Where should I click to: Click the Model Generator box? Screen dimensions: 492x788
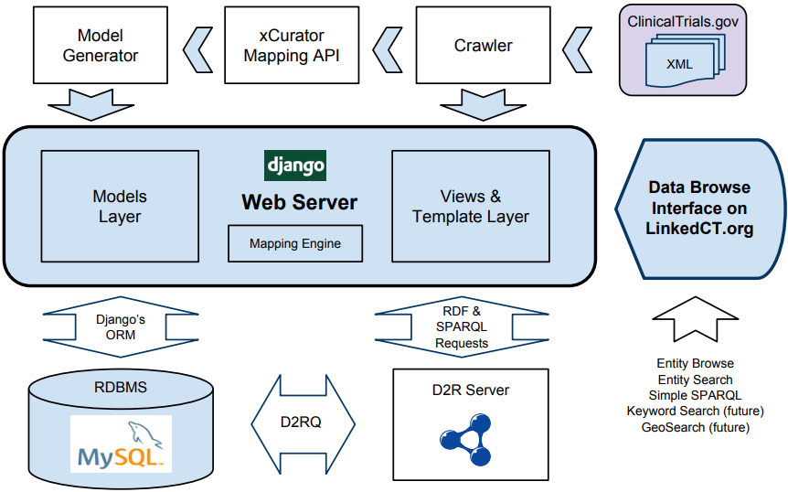coord(101,46)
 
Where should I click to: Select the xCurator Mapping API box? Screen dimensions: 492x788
coord(291,46)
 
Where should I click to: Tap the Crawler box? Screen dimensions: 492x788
coord(483,46)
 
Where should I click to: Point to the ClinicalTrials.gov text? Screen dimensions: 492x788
coord(682,20)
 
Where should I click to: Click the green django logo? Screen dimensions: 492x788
coord(294,166)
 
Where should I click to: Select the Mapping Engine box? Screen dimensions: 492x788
coord(295,244)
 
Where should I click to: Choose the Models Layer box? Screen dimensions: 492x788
coord(120,207)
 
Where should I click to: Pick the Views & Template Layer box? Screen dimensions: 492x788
coord(470,207)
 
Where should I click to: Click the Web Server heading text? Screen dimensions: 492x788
coord(299,202)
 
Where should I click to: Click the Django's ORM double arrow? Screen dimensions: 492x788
coord(121,327)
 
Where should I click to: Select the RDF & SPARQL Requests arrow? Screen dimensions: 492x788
coord(462,327)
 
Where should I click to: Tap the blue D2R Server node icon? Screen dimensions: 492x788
coord(470,433)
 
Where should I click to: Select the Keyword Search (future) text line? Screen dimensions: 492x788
coord(695,411)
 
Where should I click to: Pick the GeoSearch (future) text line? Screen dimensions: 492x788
coord(695,426)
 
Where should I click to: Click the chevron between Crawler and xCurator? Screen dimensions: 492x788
coord(388,47)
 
